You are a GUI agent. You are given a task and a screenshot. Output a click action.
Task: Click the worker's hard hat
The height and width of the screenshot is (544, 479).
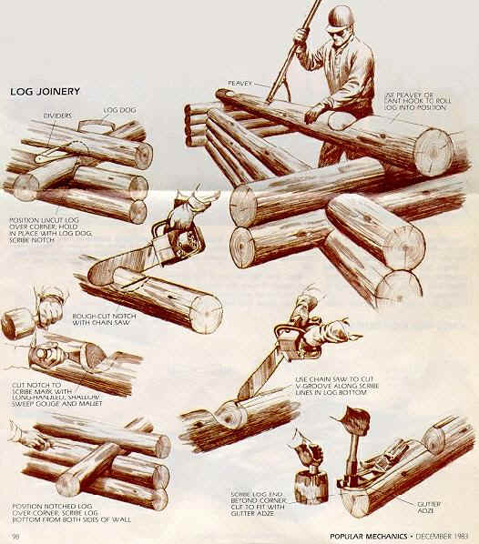pyautogui.click(x=339, y=19)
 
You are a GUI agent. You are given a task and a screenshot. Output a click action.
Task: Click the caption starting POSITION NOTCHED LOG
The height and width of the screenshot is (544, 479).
pyautogui.click(x=65, y=511)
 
